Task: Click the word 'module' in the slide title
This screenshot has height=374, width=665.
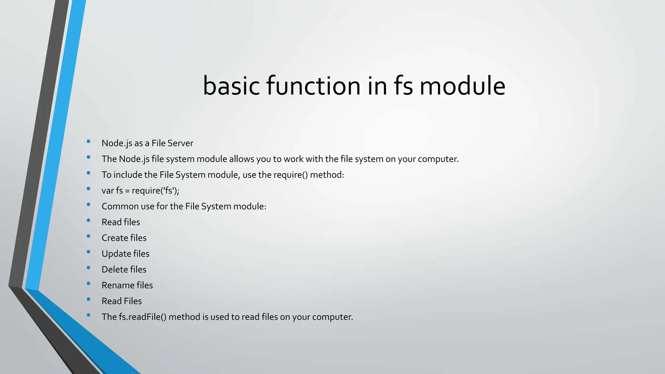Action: tap(462, 86)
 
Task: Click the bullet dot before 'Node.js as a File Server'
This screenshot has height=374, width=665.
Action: tap(88, 141)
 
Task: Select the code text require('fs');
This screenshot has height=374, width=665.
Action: tap(155, 191)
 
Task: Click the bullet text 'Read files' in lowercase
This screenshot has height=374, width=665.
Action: tap(121, 222)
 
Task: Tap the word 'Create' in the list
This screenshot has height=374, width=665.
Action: tap(115, 238)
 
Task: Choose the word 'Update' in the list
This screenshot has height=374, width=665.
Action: tap(115, 254)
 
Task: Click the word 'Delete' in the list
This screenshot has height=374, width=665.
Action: tap(115, 269)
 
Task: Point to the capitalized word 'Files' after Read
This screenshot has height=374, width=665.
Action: tap(133, 301)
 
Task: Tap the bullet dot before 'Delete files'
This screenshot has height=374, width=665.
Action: tap(88, 268)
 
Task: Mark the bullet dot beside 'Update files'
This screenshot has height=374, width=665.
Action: tap(88, 252)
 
